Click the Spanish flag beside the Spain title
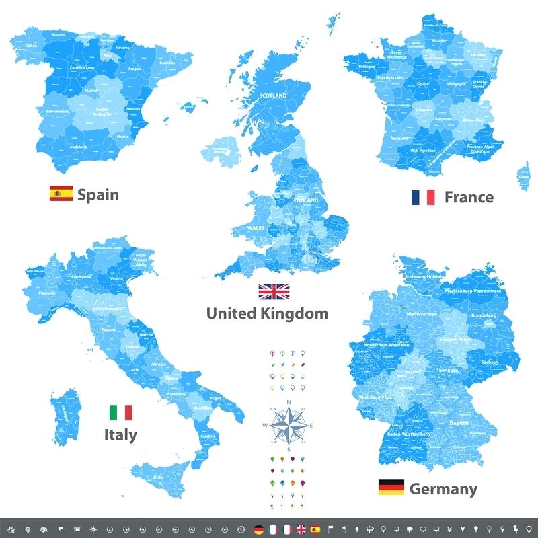[61, 194]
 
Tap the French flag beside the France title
[423, 196]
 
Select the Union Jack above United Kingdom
[274, 291]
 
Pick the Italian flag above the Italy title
[120, 412]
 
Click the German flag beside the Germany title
[391, 487]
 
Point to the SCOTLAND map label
[273, 96]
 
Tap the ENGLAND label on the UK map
[306, 200]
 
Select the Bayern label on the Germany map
[459, 423]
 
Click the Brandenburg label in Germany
[485, 315]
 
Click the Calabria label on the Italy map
[208, 436]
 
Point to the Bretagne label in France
[367, 67]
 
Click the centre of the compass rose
[289, 426]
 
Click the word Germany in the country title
[443, 488]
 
